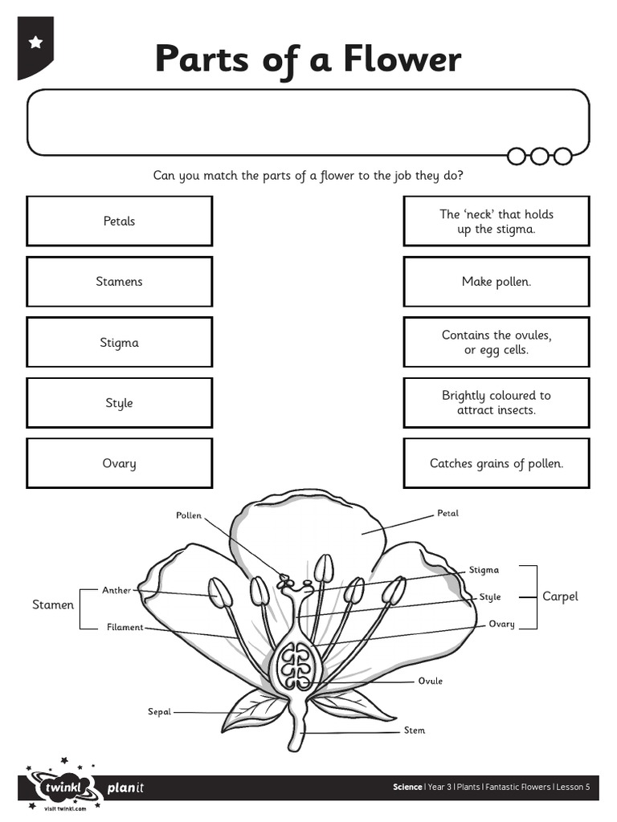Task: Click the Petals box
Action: coord(119,221)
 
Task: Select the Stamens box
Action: coord(119,282)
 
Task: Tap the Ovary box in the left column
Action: coord(119,463)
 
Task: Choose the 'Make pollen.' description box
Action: coord(496,282)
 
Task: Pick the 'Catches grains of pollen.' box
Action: coord(496,463)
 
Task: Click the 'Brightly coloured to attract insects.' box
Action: coord(496,402)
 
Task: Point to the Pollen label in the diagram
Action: coord(189,515)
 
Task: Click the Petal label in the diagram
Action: coord(447,513)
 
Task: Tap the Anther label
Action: coord(116,590)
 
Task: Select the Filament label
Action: coord(125,627)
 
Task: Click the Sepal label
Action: coord(159,711)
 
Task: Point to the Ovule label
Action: coord(430,681)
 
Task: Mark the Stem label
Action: coord(415,730)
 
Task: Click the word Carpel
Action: coord(560,596)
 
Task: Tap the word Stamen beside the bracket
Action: coord(53,604)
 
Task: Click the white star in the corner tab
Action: coord(35,43)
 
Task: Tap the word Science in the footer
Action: coord(407,787)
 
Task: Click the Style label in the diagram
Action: coord(490,596)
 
